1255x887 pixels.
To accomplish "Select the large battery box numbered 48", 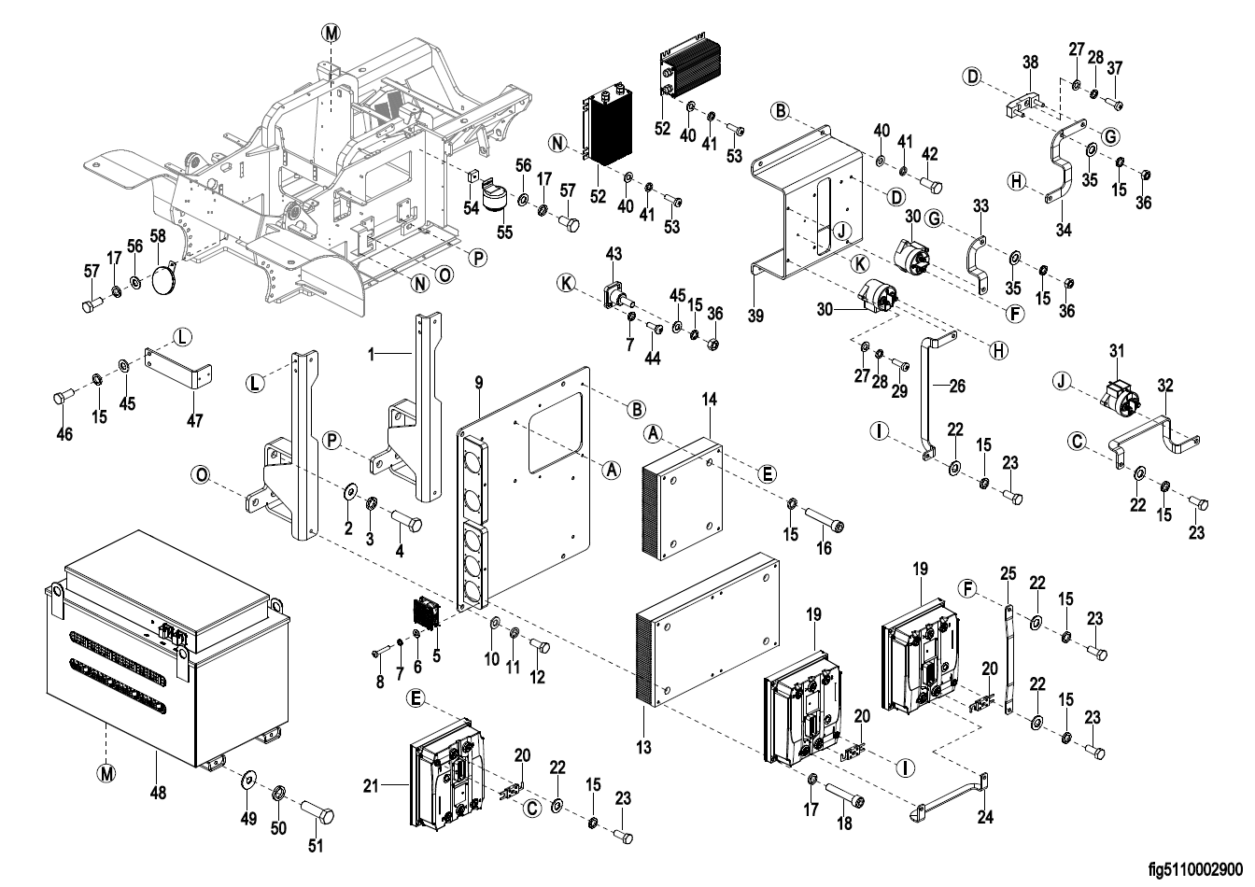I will pos(168,654).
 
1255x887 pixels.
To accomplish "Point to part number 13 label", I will pos(643,748).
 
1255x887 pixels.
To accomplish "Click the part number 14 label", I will pos(710,400).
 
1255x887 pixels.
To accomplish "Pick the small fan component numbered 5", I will pos(430,613).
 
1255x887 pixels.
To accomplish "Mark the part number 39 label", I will pos(755,316).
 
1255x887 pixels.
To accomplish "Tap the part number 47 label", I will pos(193,421).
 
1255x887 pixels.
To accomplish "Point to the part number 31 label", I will pos(1118,350).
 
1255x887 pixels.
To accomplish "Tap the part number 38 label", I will pos(1030,63).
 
